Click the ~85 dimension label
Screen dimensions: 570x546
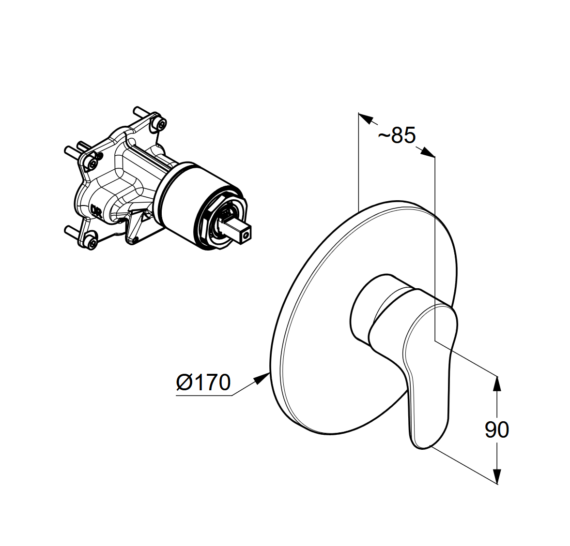[x=397, y=135]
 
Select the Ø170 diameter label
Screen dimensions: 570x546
[x=203, y=382]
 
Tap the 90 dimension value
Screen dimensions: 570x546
[x=497, y=429]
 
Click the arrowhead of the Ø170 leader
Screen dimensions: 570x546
[x=261, y=379]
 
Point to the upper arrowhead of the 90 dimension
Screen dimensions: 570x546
[x=497, y=384]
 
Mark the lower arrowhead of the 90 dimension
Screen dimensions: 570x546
[x=497, y=476]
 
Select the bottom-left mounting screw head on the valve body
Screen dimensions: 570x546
[x=92, y=242]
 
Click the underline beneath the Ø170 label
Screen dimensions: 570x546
[x=204, y=395]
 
